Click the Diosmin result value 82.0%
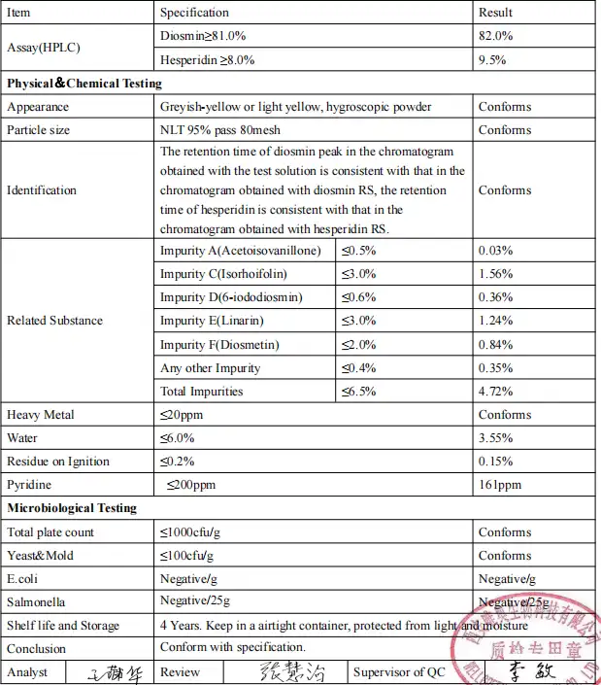[x=495, y=36]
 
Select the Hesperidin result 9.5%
[x=492, y=58]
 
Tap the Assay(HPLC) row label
[x=44, y=48]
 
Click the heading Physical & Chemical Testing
[x=85, y=84]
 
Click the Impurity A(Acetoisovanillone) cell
[x=240, y=251]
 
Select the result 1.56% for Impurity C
[x=495, y=274]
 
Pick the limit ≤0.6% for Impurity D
[x=358, y=297]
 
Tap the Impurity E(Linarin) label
[x=212, y=321]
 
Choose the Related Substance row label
[x=54, y=321]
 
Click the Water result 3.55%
[x=495, y=438]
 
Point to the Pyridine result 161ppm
[x=500, y=485]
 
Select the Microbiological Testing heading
[x=73, y=508]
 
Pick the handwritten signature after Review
[x=291, y=672]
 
